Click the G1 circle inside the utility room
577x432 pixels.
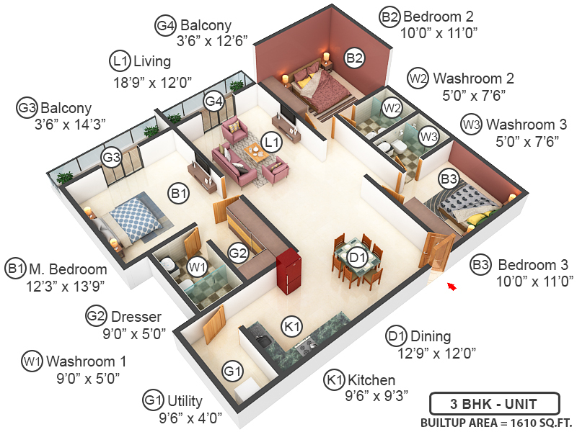tap(232, 372)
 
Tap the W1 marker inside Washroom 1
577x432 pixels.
tap(197, 267)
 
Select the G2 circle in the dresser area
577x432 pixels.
tap(238, 252)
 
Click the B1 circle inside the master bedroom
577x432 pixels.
tap(179, 193)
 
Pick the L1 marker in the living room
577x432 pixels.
tap(271, 143)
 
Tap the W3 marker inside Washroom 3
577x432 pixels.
tap(429, 135)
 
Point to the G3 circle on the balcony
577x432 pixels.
tap(110, 157)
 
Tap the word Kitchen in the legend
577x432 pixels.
tap(371, 380)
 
